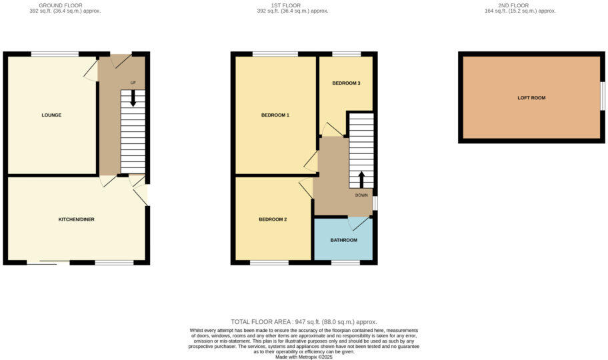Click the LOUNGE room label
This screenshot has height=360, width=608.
(51, 115)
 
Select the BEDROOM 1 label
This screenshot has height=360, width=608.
(275, 115)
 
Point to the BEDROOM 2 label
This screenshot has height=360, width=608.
(273, 219)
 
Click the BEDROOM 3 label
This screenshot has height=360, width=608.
(346, 83)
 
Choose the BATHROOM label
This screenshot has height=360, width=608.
(344, 240)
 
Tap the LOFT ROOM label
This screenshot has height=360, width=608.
(531, 98)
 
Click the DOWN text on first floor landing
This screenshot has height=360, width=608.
(361, 195)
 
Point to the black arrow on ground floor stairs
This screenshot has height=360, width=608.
(133, 99)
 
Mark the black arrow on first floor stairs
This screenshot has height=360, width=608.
(361, 179)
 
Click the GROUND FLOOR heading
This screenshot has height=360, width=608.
(61, 5)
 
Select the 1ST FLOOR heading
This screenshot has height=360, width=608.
(284, 5)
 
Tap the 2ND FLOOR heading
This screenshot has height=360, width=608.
(520, 5)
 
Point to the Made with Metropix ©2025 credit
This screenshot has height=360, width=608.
(303, 357)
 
